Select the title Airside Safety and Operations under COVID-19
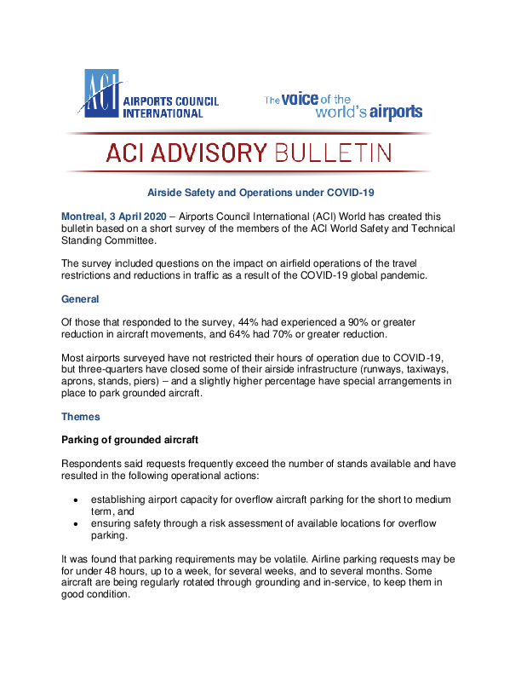pyautogui.click(x=260, y=193)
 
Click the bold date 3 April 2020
pyautogui.click(x=144, y=216)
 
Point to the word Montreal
pyautogui.click(x=85, y=216)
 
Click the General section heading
pyautogui.click(x=81, y=299)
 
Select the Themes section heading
pyautogui.click(x=82, y=417)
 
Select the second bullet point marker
pyautogui.click(x=77, y=523)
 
